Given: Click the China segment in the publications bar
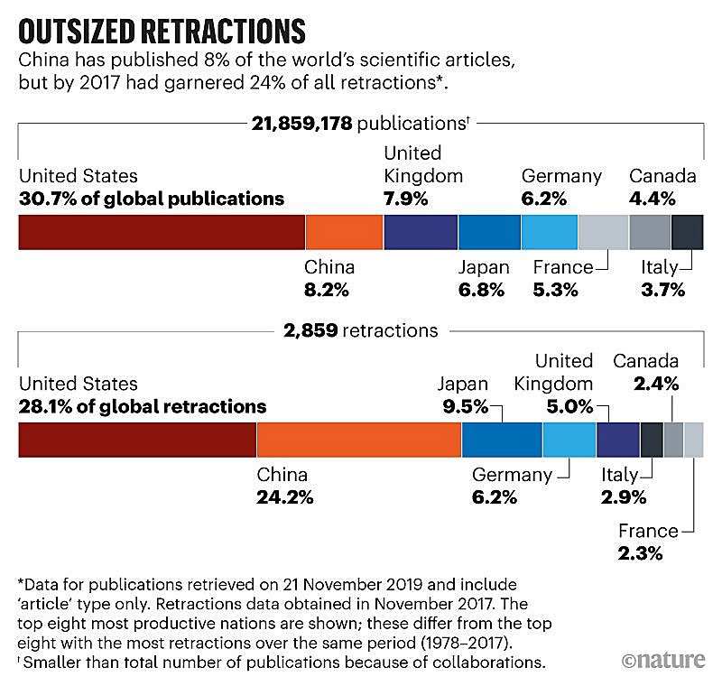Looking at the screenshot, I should point(345,232).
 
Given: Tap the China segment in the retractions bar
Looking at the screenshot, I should point(359,439).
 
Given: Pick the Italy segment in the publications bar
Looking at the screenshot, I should point(687,232).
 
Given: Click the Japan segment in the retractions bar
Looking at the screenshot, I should point(502,439).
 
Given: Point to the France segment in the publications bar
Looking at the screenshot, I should point(603,232).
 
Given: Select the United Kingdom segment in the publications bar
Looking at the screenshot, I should point(421,232).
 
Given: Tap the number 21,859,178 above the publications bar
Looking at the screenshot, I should point(299,123).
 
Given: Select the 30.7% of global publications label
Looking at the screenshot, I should point(151,198).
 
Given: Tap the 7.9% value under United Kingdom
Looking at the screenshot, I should point(406,198).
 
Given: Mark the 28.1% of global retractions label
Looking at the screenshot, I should point(142,405).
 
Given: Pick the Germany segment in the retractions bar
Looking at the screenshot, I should point(569,439).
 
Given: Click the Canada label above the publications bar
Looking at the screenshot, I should point(662,175).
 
